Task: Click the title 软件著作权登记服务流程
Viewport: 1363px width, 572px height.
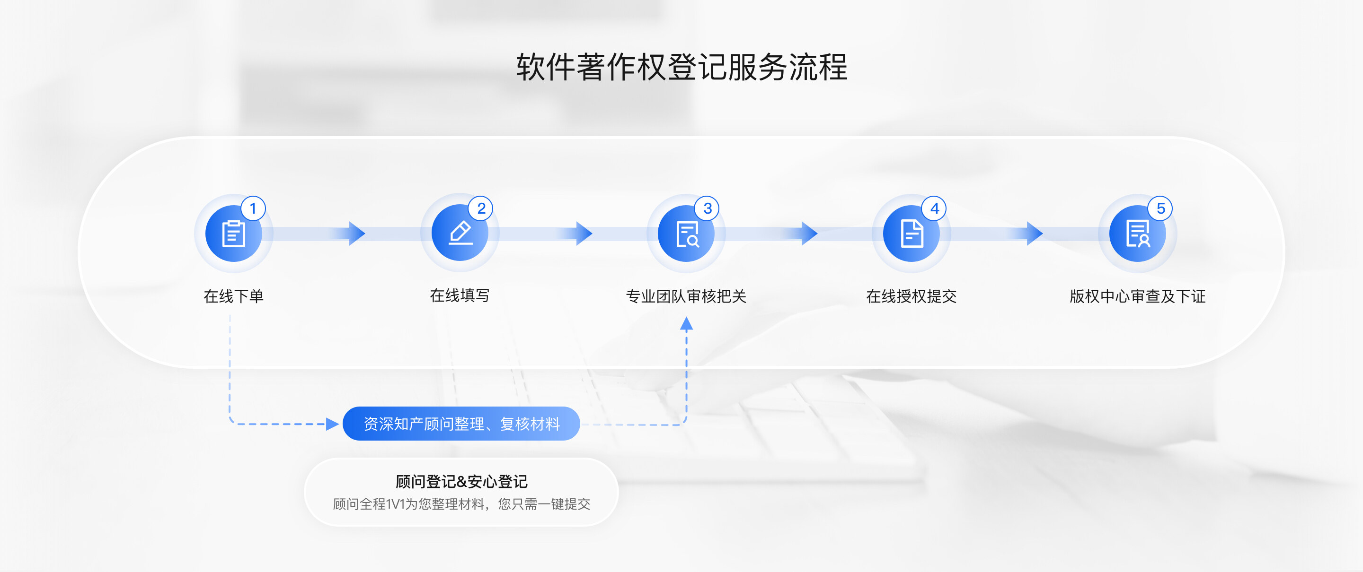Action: tap(681, 67)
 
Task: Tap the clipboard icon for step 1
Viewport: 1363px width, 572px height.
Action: tap(233, 234)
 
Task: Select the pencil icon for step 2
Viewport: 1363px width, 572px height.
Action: tap(460, 234)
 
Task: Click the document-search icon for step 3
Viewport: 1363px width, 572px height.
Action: tap(686, 234)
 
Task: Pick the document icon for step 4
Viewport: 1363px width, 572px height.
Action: tap(912, 234)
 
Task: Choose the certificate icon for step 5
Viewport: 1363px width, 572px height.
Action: tap(1138, 234)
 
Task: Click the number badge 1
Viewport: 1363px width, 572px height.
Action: tap(253, 208)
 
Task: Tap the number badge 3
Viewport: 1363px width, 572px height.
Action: tap(707, 208)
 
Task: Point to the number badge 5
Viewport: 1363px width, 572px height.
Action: tap(1160, 208)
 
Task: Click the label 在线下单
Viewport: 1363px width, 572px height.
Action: tap(233, 296)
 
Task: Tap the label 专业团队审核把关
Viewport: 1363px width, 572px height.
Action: tap(686, 296)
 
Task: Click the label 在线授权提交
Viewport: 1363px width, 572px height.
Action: tap(911, 296)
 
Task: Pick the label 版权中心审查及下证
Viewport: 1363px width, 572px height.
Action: tap(1138, 296)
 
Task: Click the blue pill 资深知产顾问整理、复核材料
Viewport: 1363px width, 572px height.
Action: tap(461, 424)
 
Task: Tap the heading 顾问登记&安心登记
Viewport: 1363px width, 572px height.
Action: tap(461, 482)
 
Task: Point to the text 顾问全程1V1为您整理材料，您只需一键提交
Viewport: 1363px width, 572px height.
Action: tap(461, 504)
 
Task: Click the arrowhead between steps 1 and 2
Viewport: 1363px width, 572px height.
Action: tap(357, 234)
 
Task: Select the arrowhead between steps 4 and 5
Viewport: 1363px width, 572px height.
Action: tap(1035, 234)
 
